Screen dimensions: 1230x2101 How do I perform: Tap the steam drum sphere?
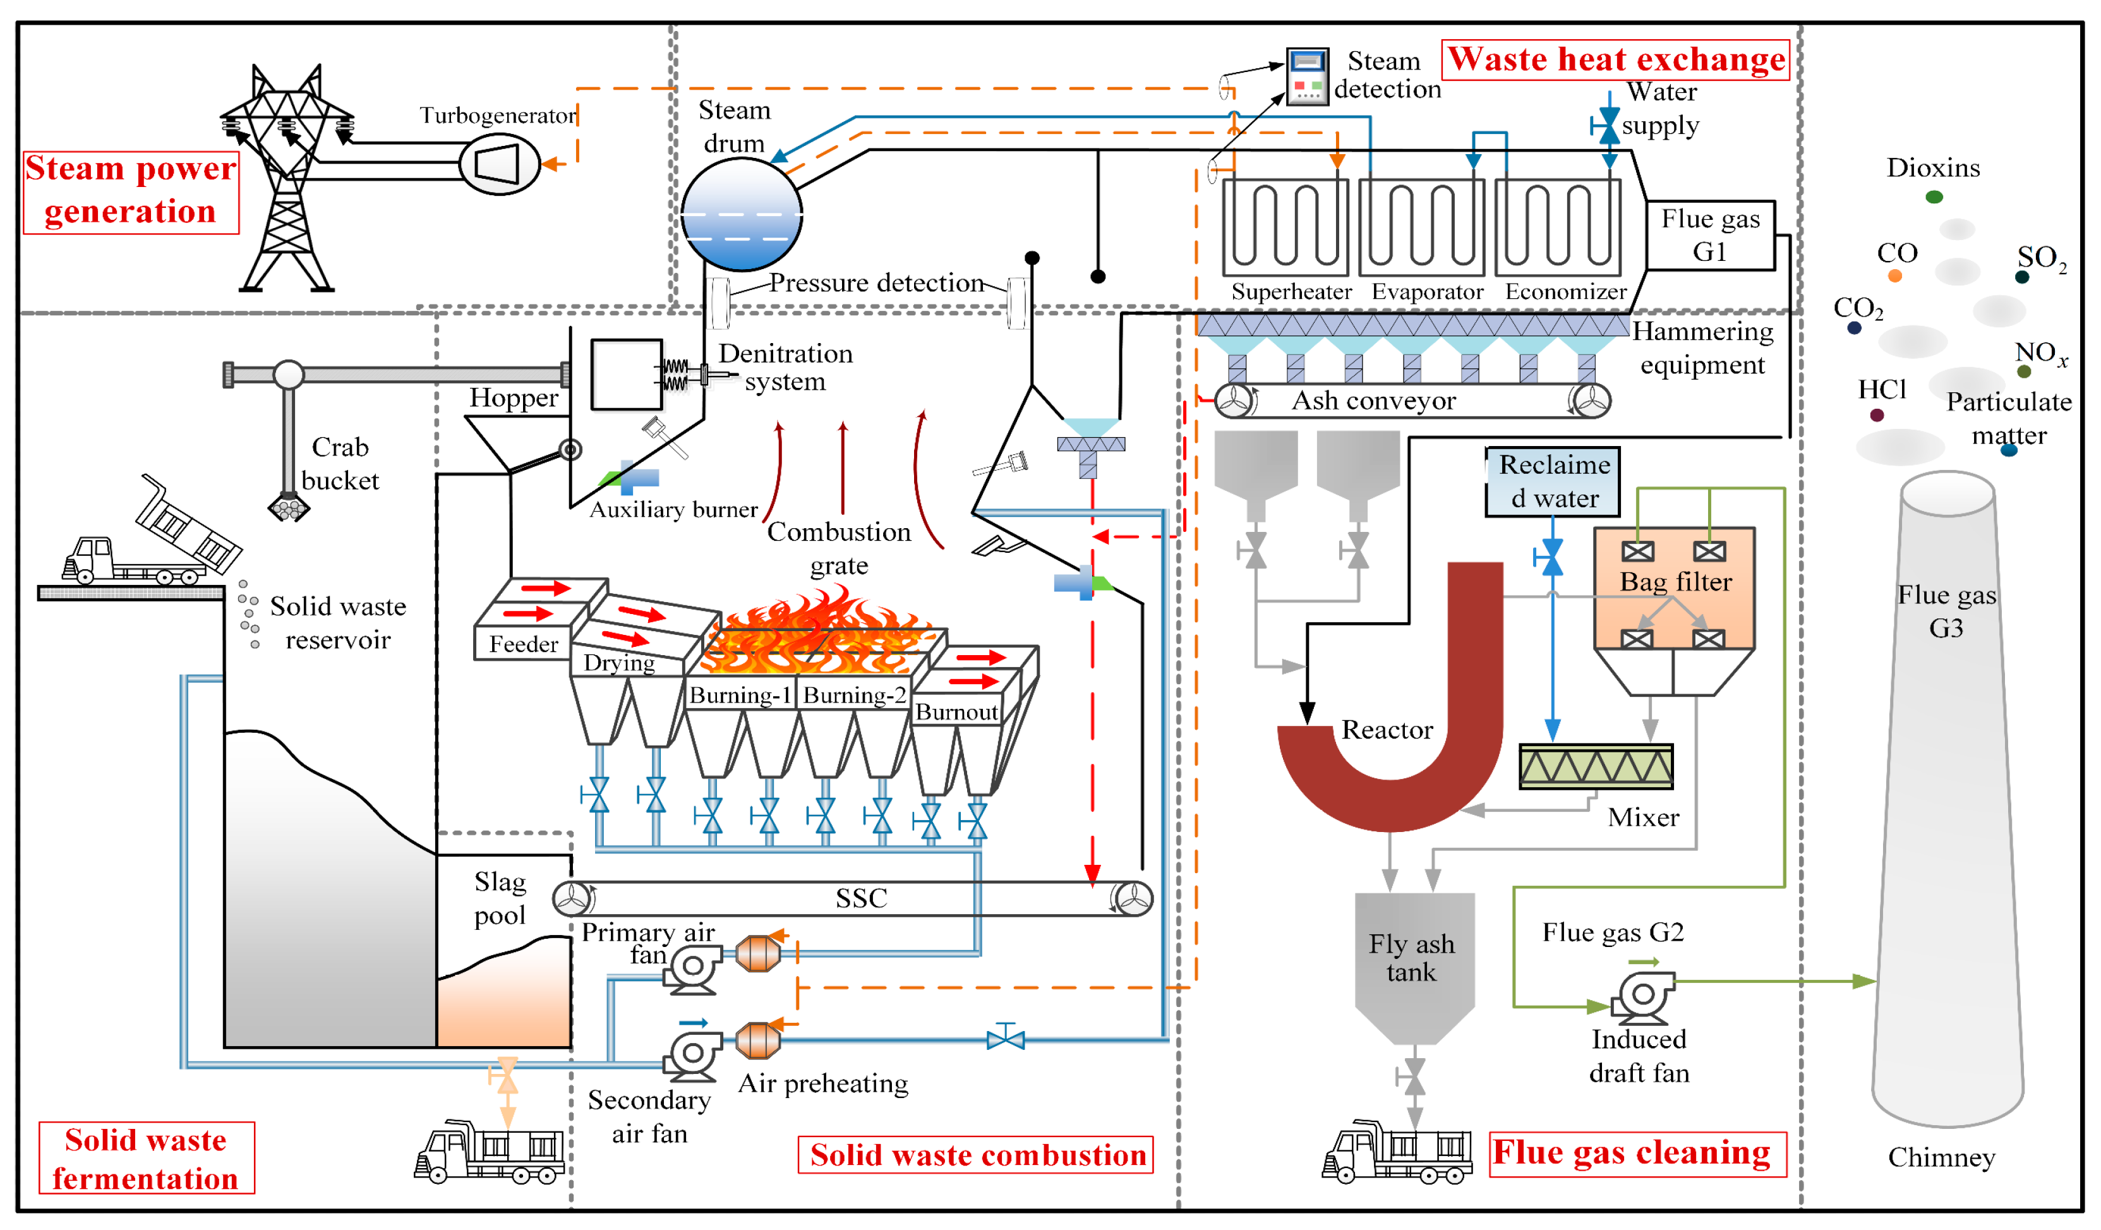click(x=741, y=214)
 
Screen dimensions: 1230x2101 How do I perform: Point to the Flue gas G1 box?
click(x=1710, y=235)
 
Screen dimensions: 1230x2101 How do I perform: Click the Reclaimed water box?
click(x=1553, y=482)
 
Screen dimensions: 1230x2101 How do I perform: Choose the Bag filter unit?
click(x=1673, y=589)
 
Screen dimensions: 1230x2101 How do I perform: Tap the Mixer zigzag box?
click(x=1595, y=766)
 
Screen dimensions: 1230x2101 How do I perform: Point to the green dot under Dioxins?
click(x=1934, y=197)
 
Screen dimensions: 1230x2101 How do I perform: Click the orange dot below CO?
click(x=1895, y=276)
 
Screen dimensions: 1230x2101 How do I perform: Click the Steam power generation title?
click(x=131, y=191)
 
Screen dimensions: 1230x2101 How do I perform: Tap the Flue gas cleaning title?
click(x=1637, y=1154)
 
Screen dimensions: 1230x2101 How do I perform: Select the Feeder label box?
click(x=523, y=644)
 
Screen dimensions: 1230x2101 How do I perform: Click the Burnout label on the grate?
click(x=956, y=712)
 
